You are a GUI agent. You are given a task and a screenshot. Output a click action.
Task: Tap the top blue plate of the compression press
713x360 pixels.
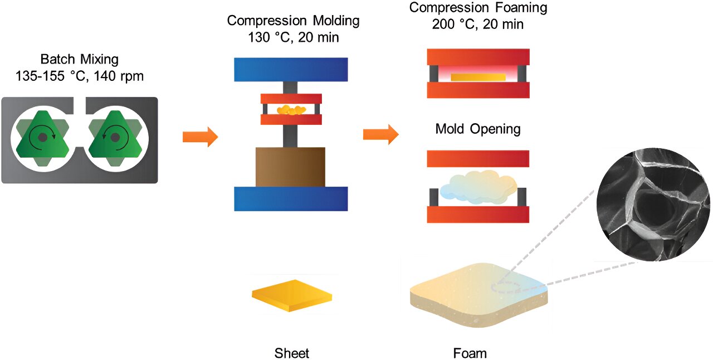point(291,70)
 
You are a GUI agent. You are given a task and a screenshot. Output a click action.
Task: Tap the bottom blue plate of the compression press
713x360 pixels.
point(291,199)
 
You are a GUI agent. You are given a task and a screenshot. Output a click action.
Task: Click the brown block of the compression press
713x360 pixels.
point(290,167)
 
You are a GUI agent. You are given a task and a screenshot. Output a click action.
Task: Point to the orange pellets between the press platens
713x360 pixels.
point(291,110)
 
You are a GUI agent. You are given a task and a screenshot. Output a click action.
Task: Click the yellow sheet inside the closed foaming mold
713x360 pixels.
point(478,77)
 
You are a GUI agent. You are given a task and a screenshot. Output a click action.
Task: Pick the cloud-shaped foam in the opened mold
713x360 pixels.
point(478,187)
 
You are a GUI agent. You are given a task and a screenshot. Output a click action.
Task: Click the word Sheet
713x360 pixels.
point(291,353)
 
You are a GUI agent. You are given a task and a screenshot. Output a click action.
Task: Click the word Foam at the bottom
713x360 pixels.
point(470,353)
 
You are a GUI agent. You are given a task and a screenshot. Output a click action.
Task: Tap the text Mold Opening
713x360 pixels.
point(478,130)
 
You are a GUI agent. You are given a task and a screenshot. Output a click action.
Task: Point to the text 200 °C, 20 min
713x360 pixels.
point(478,25)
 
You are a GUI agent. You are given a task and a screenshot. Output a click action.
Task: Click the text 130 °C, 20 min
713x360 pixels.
point(293,38)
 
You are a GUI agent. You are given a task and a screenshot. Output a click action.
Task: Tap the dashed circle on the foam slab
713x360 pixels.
point(506,286)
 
